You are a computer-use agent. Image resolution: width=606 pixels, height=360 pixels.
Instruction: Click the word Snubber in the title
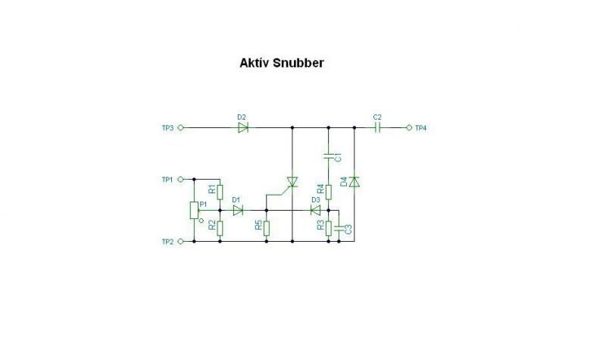click(x=298, y=64)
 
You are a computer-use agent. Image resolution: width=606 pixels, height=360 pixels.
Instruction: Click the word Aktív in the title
click(x=254, y=64)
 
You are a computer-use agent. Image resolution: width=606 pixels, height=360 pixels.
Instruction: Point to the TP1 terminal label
click(x=167, y=180)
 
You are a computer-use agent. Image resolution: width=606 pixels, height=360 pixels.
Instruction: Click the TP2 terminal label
click(x=167, y=242)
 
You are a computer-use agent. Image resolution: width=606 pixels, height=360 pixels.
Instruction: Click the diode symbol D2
click(x=242, y=128)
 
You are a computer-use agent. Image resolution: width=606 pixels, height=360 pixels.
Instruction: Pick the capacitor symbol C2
click(x=377, y=128)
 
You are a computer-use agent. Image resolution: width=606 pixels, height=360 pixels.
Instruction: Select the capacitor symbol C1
click(x=329, y=157)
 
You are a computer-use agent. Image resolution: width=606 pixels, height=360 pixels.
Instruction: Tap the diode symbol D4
click(x=355, y=181)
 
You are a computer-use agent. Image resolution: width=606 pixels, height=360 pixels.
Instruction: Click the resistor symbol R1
click(x=219, y=192)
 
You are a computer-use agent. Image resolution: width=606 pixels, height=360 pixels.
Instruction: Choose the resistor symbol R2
click(x=219, y=226)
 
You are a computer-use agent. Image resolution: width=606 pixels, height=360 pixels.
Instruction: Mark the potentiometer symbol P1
click(x=195, y=210)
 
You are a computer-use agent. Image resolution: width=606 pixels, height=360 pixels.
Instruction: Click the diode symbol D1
click(x=238, y=210)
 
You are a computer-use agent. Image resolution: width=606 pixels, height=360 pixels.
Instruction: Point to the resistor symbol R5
click(x=267, y=226)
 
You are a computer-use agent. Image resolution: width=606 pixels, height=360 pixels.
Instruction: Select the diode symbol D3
click(x=316, y=210)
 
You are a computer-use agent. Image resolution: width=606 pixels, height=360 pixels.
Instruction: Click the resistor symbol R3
click(x=329, y=226)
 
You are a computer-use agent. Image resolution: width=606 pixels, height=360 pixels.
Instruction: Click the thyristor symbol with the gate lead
click(x=292, y=182)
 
